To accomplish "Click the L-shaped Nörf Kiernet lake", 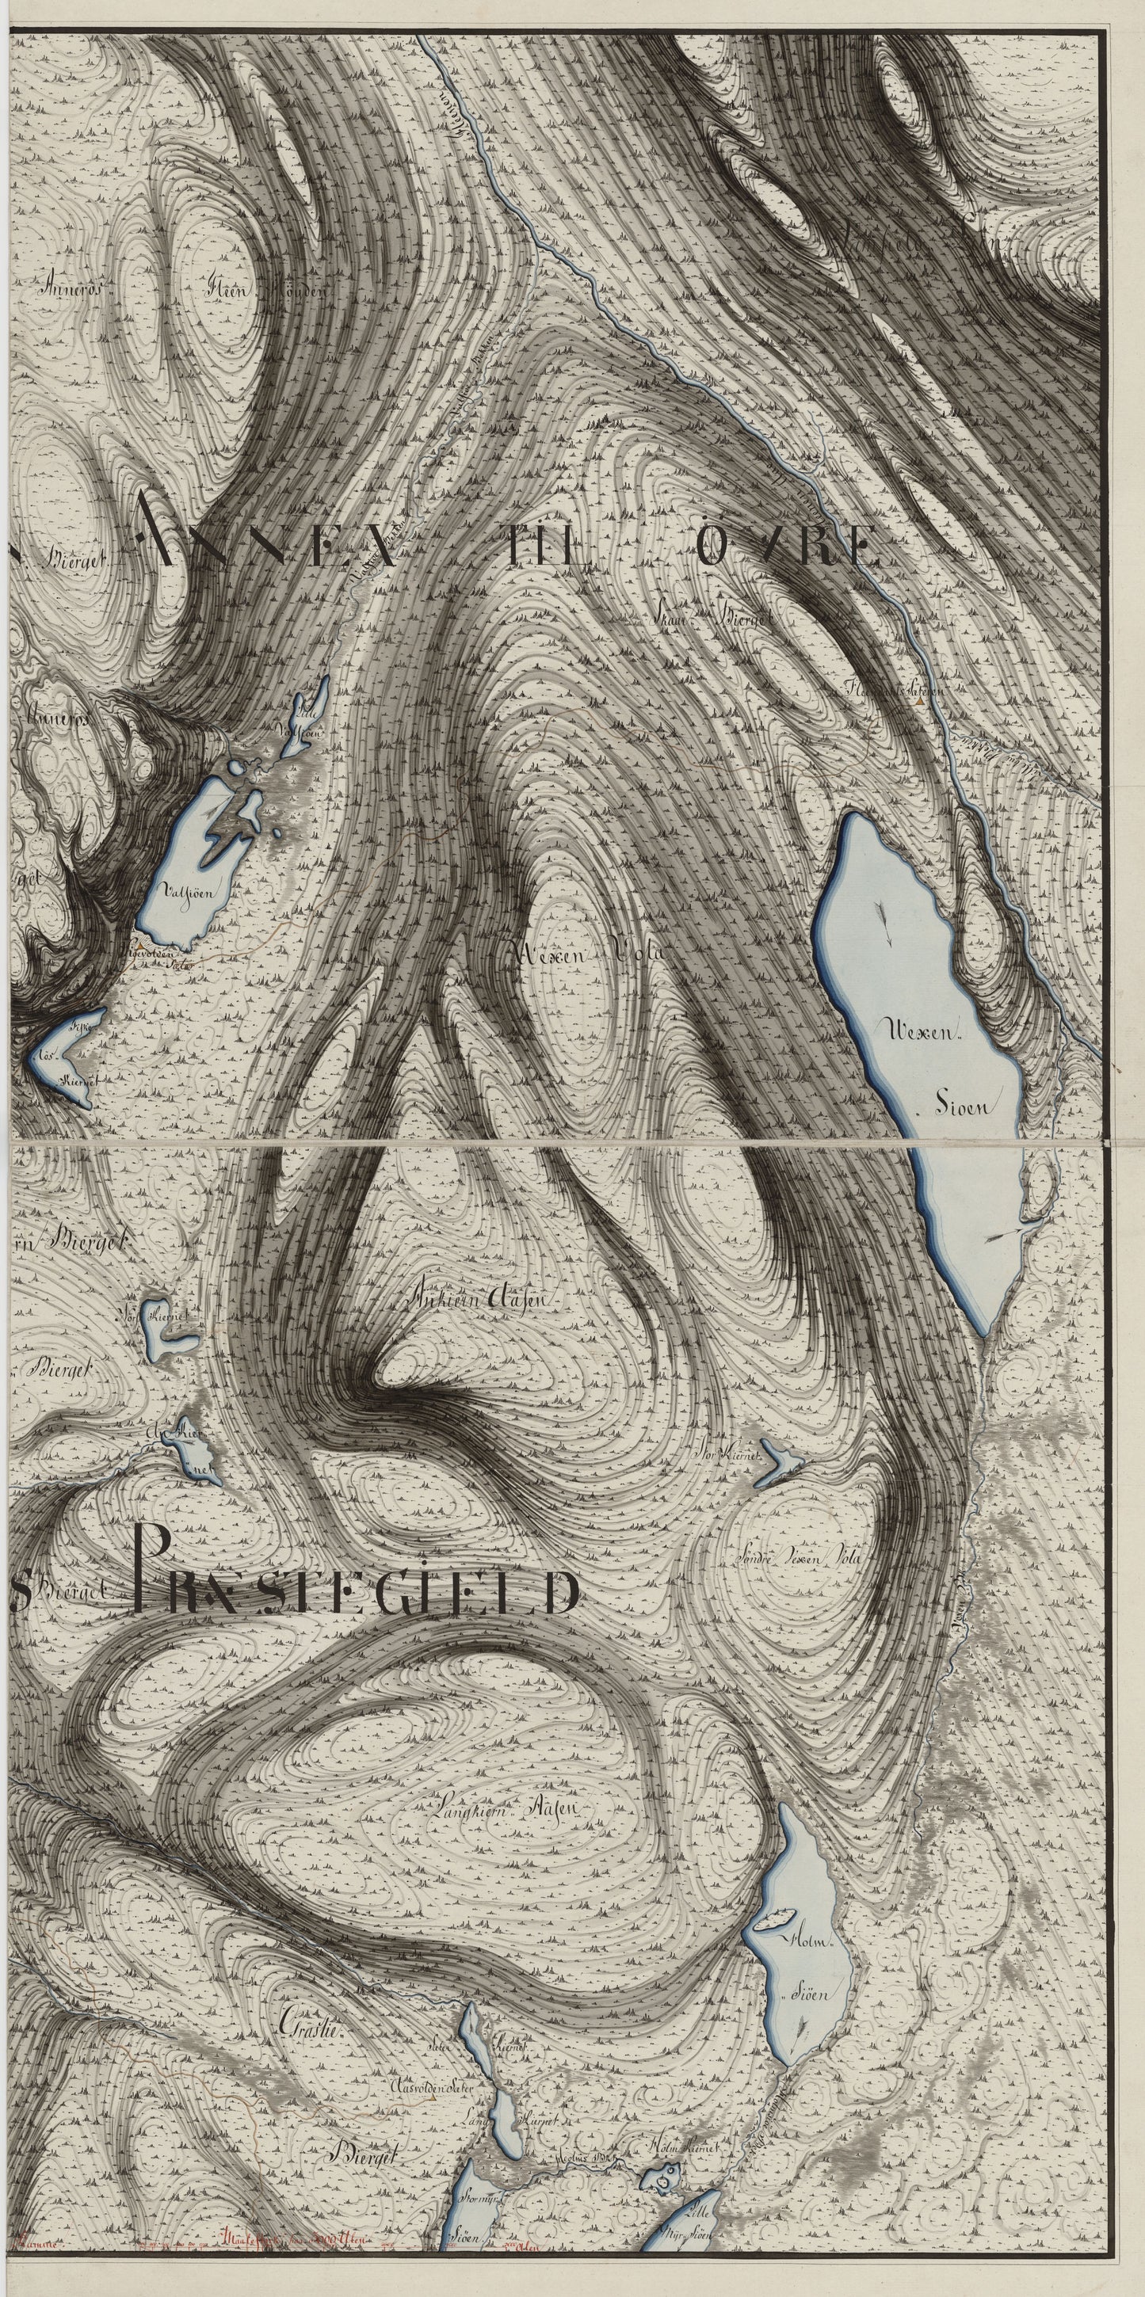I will click(x=164, y=1600).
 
